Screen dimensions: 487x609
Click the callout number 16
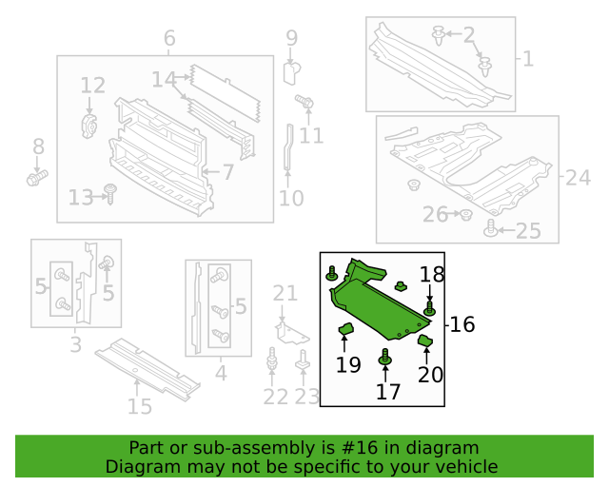coord(462,324)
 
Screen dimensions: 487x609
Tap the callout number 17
coord(387,391)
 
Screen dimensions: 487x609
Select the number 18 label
coord(432,275)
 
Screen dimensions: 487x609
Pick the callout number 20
coord(430,375)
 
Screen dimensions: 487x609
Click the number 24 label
coord(578,177)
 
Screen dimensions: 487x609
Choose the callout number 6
coord(169,39)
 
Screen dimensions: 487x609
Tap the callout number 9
coord(291,39)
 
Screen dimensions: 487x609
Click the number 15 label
coord(140,407)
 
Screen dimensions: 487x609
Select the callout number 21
coord(285,293)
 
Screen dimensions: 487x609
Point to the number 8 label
coord(38,146)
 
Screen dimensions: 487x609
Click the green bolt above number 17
coord(386,359)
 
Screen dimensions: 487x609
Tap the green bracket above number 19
coord(346,330)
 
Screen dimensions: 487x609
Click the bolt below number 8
coord(38,177)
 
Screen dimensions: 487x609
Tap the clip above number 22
coord(273,361)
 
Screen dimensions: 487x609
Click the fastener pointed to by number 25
coord(491,227)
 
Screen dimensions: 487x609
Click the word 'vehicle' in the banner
coord(467,467)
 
